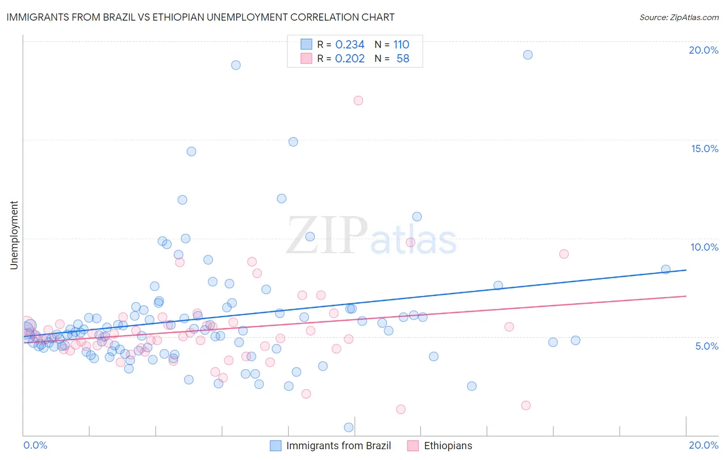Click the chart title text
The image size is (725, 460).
pos(200,17)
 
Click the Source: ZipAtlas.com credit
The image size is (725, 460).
pos(679,17)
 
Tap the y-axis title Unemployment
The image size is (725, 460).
pos(14,235)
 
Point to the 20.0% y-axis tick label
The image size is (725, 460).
pos(703,50)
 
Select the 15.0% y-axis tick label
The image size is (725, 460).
pos(704,149)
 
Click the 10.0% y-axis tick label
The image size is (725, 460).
pos(704,247)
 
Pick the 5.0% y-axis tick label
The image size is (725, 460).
pos(706,346)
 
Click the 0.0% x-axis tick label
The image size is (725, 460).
pos(35,445)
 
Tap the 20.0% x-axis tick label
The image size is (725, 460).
pos(703,445)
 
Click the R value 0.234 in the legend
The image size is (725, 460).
pos(350,44)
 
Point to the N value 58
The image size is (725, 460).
pos(403,58)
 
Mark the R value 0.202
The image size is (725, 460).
pos(350,58)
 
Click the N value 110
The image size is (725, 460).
pos(401,44)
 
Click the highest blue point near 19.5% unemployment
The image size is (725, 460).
pos(528,55)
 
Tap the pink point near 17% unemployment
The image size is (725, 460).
pos(358,101)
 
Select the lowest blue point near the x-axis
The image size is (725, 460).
pos(349,427)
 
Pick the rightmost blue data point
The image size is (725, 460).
pos(666,269)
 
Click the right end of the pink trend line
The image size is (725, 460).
pos(686,296)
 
